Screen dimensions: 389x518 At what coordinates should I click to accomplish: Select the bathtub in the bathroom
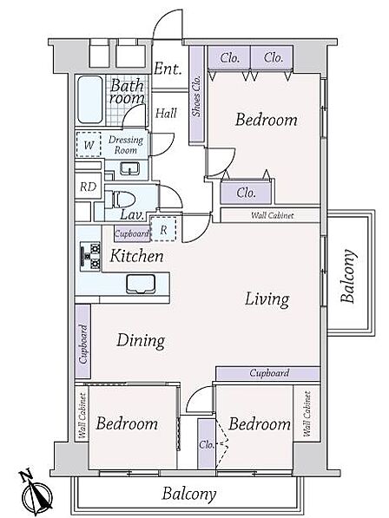pos(90,100)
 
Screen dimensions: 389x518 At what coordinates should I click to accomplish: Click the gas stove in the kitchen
pos(90,256)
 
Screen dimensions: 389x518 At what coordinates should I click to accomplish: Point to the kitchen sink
pos(141,284)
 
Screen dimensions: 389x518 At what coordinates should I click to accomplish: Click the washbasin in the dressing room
pos(129,168)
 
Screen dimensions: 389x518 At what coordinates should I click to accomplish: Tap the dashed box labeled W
pos(89,144)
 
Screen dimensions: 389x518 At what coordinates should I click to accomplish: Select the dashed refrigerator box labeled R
pos(163,229)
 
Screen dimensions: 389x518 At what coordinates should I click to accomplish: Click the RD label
pos(88,187)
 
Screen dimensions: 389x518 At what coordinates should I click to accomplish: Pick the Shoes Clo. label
pos(196,96)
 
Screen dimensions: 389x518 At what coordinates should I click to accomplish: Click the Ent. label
pos(168,69)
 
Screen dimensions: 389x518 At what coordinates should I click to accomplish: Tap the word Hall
pos(166,114)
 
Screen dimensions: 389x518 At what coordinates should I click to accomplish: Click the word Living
pos(267,299)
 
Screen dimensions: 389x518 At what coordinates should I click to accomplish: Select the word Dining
pos(141,341)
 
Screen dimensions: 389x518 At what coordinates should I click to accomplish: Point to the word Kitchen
pos(136,256)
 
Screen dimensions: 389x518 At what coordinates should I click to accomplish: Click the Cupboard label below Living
pos(269,373)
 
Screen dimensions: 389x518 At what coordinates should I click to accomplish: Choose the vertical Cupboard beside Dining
pos(83,344)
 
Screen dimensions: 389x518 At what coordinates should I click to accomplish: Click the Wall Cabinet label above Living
pos(272,215)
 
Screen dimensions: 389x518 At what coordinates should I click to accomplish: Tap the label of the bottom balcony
pos(189,495)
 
